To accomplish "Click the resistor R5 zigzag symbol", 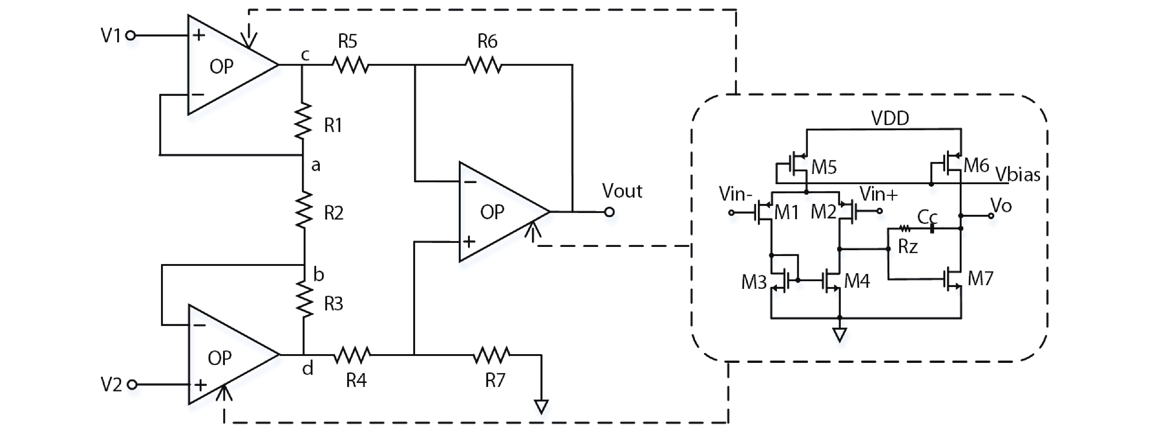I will point(350,66).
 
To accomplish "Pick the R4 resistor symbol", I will point(352,355).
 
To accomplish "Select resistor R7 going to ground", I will point(491,355).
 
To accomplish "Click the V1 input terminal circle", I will point(130,36).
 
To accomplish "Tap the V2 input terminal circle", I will point(133,384).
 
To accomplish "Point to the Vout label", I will point(622,191).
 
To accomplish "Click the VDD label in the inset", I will point(890,119).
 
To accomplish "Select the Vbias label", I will point(1018,174).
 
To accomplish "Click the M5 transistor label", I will point(824,167).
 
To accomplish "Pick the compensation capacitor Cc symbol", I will point(932,229).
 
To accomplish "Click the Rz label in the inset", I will point(908,247).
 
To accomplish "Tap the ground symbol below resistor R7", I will point(541,406).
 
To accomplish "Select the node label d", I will point(308,368).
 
